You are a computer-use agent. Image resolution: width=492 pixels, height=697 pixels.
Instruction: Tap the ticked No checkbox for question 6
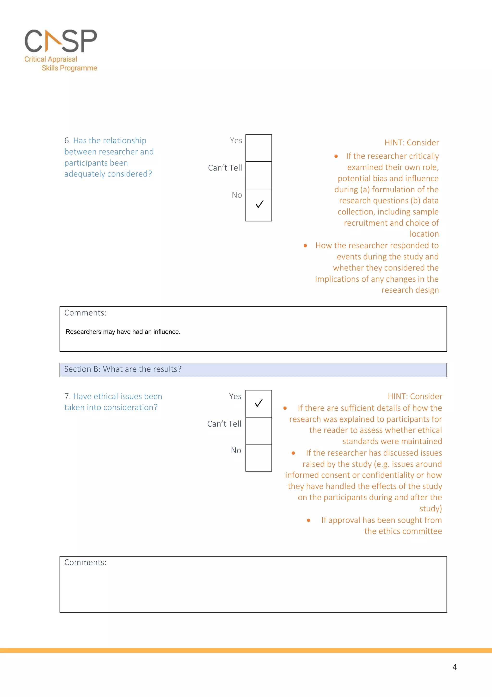(x=258, y=205)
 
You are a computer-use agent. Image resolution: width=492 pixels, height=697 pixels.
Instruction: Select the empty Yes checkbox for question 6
(x=258, y=148)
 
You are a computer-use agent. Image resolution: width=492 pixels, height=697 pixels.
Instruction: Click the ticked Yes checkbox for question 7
(x=258, y=404)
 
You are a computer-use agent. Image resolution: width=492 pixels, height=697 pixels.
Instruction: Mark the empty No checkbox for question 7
(x=258, y=458)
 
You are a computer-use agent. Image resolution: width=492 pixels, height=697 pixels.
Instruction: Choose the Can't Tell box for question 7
(x=258, y=431)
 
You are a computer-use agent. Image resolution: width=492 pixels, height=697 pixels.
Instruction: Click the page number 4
(x=455, y=667)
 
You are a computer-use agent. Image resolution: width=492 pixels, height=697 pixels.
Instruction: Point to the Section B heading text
(x=123, y=369)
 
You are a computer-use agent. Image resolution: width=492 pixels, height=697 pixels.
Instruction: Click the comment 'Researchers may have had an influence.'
(x=123, y=332)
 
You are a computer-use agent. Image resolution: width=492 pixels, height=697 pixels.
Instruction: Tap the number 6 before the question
(x=67, y=140)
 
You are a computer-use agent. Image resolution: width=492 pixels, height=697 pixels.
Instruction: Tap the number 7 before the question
(x=67, y=396)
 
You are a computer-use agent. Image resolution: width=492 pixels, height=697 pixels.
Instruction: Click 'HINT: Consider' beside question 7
(x=415, y=396)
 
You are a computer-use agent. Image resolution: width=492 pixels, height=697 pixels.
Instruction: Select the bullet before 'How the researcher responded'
(x=305, y=246)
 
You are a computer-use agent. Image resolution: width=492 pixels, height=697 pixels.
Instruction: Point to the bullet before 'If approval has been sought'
(x=309, y=520)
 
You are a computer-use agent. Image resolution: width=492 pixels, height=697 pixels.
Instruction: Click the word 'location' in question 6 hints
(x=424, y=234)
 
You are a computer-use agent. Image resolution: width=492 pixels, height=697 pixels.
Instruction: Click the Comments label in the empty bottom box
(x=85, y=563)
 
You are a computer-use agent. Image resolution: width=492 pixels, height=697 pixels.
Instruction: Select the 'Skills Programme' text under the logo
(x=69, y=68)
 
